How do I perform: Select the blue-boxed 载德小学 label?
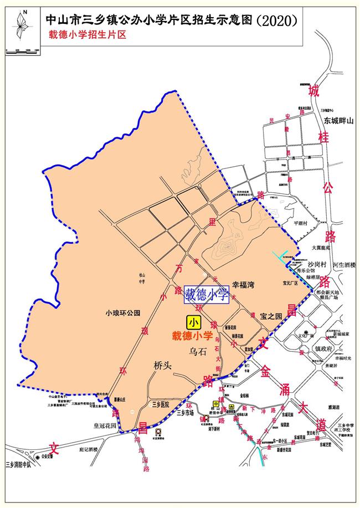pyautogui.click(x=207, y=295)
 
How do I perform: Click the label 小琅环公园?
pyautogui.click(x=122, y=313)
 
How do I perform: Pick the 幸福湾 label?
pyautogui.click(x=243, y=287)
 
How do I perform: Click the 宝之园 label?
pyautogui.click(x=271, y=316)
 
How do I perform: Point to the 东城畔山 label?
pyautogui.click(x=338, y=120)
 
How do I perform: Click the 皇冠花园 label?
pyautogui.click(x=105, y=426)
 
